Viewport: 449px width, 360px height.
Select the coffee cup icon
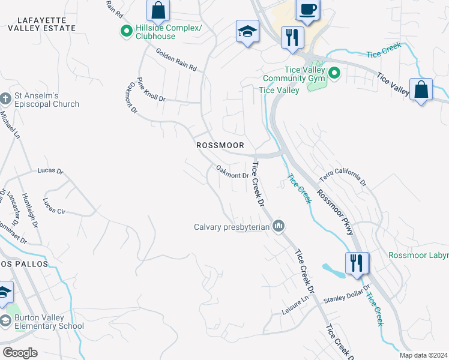point(308,10)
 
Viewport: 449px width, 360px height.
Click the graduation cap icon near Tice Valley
point(247,32)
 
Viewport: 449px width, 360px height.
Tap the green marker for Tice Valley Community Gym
point(335,74)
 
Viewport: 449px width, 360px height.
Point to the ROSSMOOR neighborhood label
point(220,145)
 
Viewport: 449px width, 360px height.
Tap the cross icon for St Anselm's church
point(5,98)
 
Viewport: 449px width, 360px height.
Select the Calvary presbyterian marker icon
point(278,226)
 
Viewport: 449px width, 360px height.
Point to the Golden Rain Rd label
point(176,60)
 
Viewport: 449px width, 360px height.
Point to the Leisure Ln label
point(295,310)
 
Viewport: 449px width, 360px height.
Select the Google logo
point(20,352)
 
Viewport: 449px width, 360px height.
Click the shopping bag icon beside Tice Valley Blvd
point(421,90)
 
